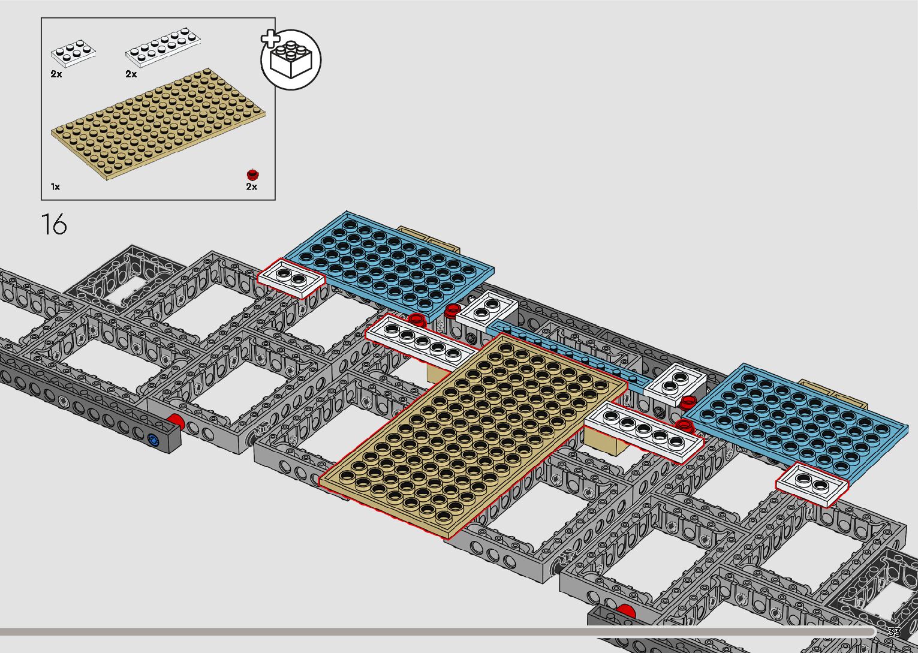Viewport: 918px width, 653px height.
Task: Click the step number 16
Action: [x=54, y=224]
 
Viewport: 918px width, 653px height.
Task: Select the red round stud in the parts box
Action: [x=252, y=174]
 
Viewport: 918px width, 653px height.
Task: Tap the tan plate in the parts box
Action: [x=158, y=124]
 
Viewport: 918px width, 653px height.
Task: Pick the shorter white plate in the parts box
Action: [x=73, y=53]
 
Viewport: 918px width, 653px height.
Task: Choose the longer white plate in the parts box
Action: [x=162, y=47]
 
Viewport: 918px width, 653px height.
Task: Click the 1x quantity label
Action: [x=55, y=187]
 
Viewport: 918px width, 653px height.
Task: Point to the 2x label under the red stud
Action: [x=251, y=187]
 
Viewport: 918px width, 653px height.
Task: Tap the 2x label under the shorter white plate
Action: [x=56, y=74]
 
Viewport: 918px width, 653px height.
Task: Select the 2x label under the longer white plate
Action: [x=131, y=74]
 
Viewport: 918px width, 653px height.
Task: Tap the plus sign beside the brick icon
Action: [x=270, y=39]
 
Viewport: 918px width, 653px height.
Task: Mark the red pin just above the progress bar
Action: [x=625, y=611]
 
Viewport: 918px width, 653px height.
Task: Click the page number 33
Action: [x=893, y=633]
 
